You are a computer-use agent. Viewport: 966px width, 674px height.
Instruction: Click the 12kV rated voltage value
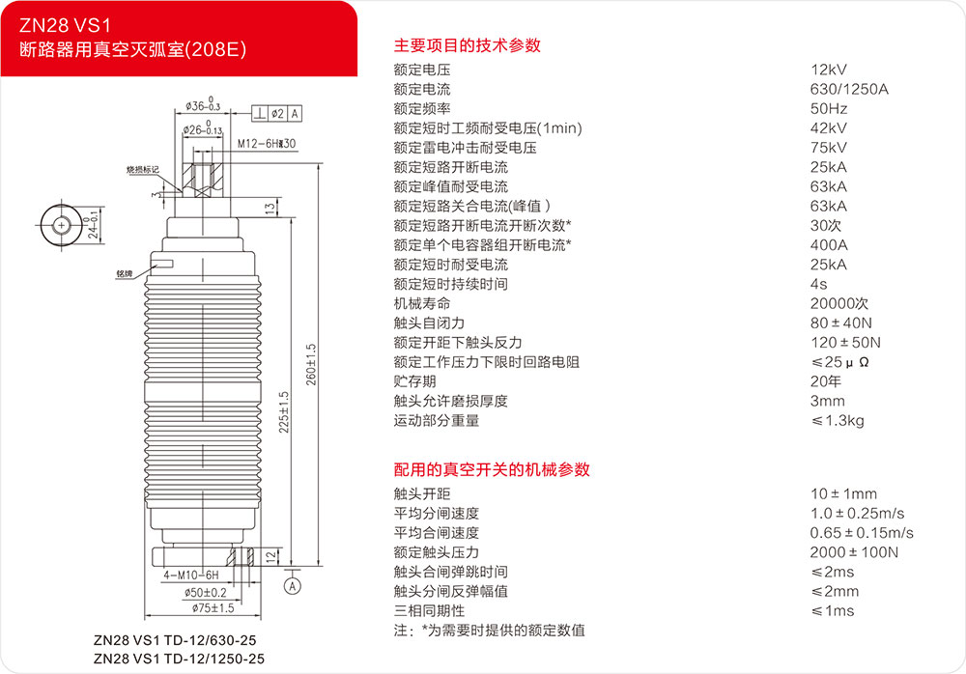(x=829, y=70)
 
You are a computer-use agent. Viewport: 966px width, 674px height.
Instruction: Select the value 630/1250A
(x=848, y=89)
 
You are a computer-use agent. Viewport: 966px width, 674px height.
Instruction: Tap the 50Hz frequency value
(x=829, y=109)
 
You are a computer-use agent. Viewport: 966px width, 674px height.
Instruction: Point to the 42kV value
(x=829, y=128)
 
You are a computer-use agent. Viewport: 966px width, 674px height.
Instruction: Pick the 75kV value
(x=829, y=148)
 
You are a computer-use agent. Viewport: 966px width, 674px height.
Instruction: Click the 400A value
(x=829, y=245)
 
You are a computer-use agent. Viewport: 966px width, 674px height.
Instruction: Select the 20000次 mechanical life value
(x=839, y=303)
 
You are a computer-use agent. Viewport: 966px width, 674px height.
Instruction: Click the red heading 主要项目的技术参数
(x=467, y=45)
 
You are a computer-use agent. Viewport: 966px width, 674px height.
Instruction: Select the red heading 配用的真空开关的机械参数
(x=492, y=470)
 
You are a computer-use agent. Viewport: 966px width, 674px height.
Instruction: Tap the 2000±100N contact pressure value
(x=854, y=552)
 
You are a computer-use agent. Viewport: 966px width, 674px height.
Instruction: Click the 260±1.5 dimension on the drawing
(x=310, y=362)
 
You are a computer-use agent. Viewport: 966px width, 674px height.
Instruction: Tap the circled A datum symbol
(x=293, y=585)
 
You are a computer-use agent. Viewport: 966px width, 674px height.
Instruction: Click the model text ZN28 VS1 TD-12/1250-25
(x=179, y=659)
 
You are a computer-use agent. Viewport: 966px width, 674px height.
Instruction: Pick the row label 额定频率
(x=422, y=109)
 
